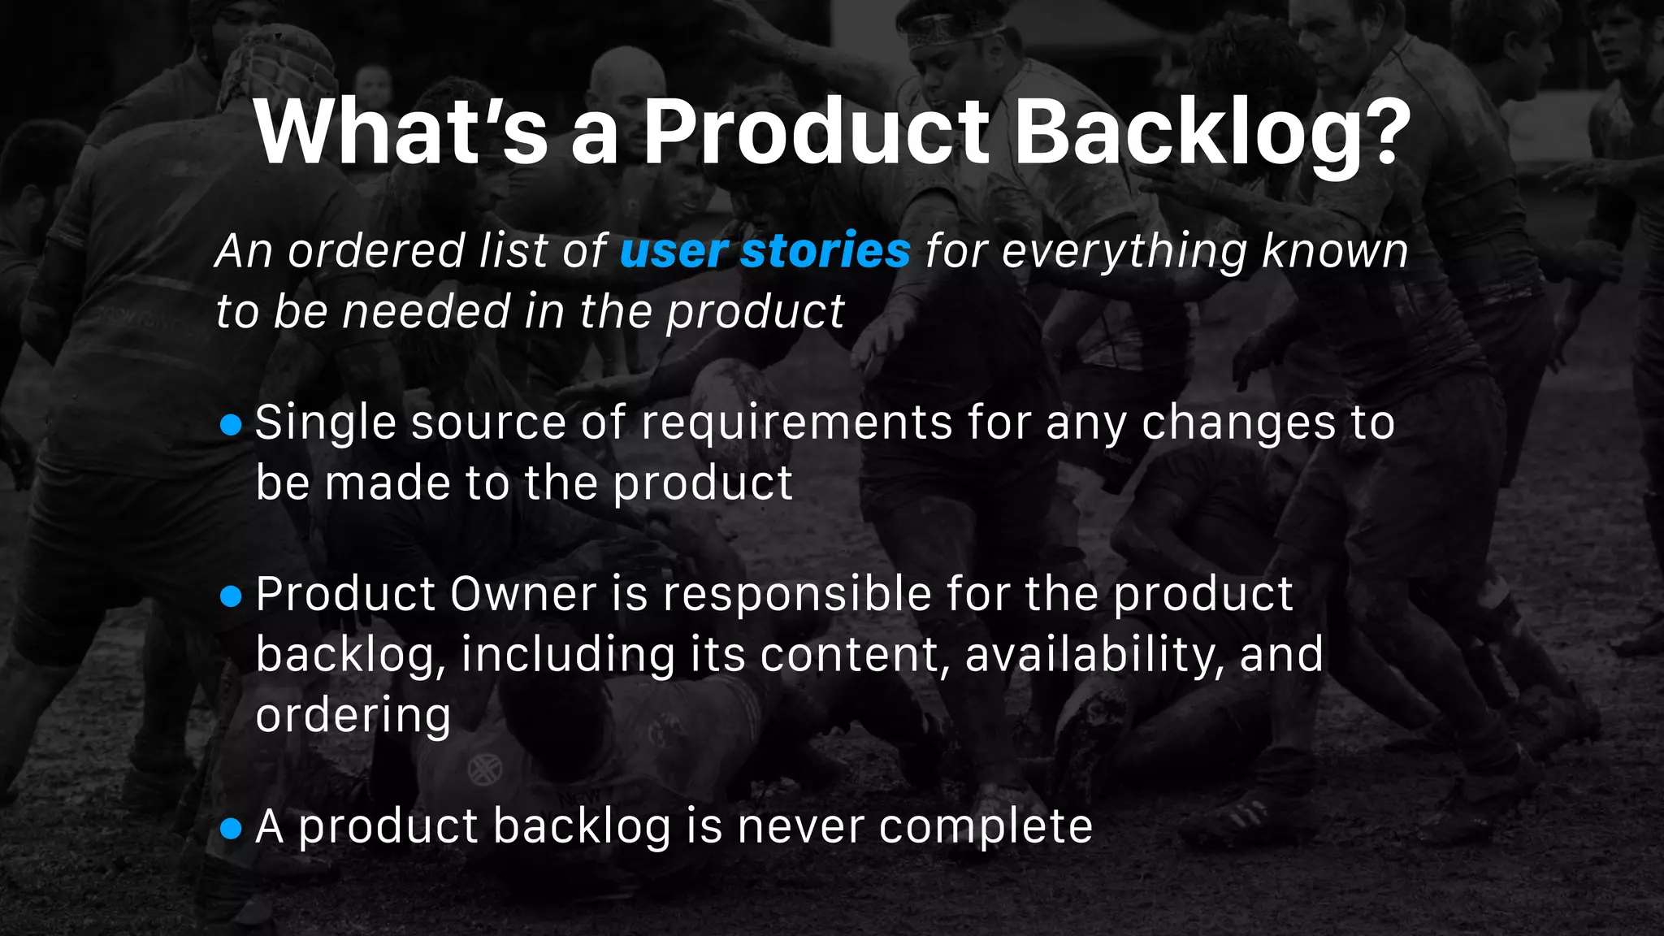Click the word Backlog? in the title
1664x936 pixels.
pos(1212,132)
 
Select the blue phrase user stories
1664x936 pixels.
pos(765,250)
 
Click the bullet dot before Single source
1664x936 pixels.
pos(232,425)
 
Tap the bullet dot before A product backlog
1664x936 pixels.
pos(232,829)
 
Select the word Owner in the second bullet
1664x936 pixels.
pos(523,595)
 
